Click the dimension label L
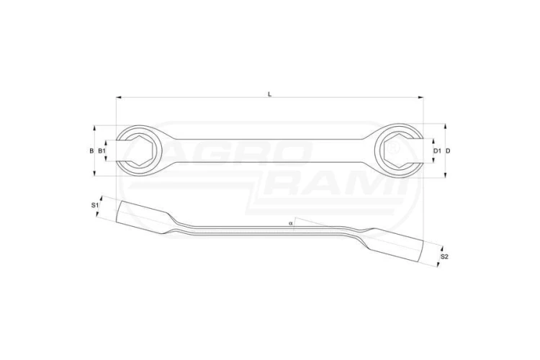270,94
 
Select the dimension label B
91,150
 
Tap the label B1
102,150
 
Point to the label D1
437,150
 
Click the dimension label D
448,150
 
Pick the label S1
95,205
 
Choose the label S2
445,256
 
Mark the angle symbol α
291,223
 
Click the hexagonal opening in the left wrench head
140,151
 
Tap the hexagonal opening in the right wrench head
397,151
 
